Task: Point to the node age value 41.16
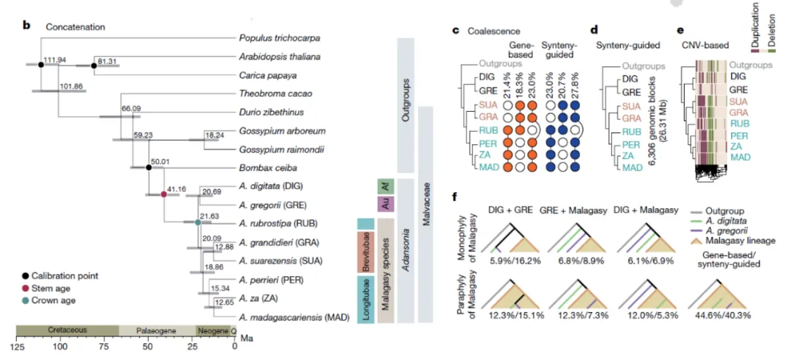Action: coord(177,190)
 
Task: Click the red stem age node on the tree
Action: coord(164,195)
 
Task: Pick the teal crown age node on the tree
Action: coord(197,222)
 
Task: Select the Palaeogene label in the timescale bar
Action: coord(156,331)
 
